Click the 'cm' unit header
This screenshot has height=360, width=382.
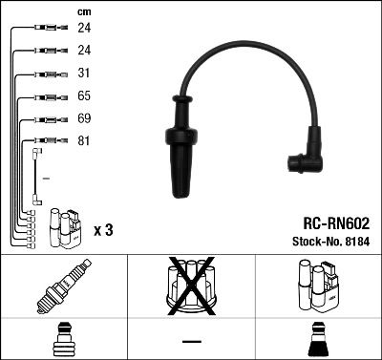coord(83,11)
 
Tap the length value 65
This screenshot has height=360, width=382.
coord(83,97)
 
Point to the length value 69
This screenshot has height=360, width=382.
coord(83,120)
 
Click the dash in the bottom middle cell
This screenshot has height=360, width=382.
coord(191,342)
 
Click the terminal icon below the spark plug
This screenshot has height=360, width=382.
coord(63,339)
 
